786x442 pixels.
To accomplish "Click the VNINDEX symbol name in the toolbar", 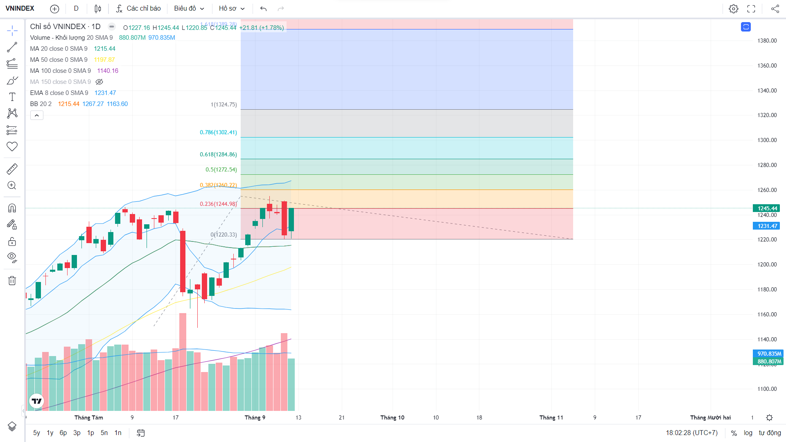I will coord(20,8).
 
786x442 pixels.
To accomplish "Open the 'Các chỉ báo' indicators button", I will coord(138,8).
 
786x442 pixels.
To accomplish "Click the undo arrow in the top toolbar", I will coord(263,9).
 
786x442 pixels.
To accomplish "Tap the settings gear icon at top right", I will coord(733,9).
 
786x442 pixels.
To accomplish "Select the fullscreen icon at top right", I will coord(751,9).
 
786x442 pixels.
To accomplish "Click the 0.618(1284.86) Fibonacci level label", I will coord(218,154).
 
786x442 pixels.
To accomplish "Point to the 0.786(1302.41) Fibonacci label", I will coord(218,132).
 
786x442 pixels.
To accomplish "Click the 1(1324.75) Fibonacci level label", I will coord(224,104).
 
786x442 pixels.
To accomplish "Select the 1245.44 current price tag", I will coord(767,208).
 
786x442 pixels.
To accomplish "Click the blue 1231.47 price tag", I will coord(767,226).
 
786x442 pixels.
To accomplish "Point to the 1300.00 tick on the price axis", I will coord(767,140).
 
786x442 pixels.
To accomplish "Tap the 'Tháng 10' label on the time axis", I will coord(392,417).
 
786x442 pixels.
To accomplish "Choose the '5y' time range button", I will coord(36,433).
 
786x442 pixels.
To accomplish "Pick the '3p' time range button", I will coord(77,433).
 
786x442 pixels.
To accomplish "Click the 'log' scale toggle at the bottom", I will coord(748,433).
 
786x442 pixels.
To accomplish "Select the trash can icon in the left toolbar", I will coord(12,280).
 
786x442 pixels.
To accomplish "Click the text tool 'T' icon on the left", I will coord(12,97).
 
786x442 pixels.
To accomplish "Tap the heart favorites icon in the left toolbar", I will coord(12,146).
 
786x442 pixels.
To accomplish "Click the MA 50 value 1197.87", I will coord(104,60).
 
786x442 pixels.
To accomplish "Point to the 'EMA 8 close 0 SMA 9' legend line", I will coord(59,93).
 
